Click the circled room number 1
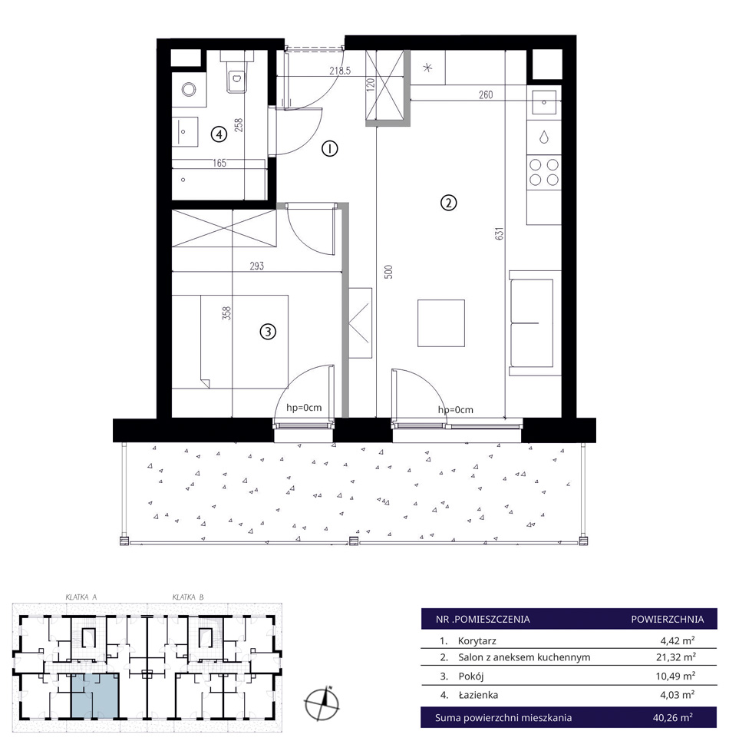tap(329, 149)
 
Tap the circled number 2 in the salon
tap(448, 203)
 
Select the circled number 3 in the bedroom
tap(268, 332)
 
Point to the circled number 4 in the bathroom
tap(219, 134)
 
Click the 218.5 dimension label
tap(340, 71)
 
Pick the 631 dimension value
tap(500, 233)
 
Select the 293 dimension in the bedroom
tap(257, 266)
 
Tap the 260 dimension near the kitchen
tap(486, 94)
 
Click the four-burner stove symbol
tap(544, 172)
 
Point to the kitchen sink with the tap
tap(544, 102)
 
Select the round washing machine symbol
tap(190, 89)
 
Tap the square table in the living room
tap(441, 323)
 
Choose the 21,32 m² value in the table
tap(675, 657)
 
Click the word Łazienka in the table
tap(478, 695)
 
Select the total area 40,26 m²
tap(673, 717)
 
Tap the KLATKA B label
tap(188, 597)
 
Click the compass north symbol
tap(322, 703)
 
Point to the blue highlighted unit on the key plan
tap(95, 696)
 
